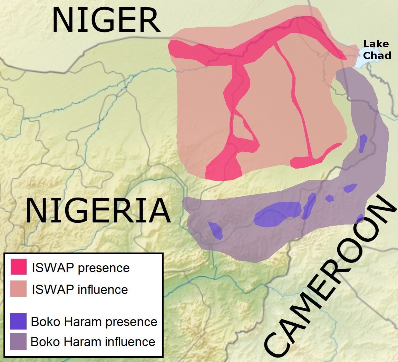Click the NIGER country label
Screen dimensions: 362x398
coord(106,21)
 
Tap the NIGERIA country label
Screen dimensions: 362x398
coord(98,211)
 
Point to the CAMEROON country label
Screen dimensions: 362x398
coord(330,276)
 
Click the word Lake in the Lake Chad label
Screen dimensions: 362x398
coord(376,44)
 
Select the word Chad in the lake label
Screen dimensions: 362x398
coord(377,55)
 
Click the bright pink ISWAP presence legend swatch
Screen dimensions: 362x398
coord(18,267)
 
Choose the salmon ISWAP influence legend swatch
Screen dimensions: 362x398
coord(18,288)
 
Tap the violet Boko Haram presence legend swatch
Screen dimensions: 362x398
coord(18,321)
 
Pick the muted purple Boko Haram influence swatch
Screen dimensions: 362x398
coord(18,342)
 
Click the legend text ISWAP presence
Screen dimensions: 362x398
coord(81,268)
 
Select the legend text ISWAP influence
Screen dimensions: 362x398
coord(80,289)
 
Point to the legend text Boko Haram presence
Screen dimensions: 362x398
coord(94,322)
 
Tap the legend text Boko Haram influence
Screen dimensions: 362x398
coord(93,342)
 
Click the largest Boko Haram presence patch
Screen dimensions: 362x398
coord(278,214)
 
